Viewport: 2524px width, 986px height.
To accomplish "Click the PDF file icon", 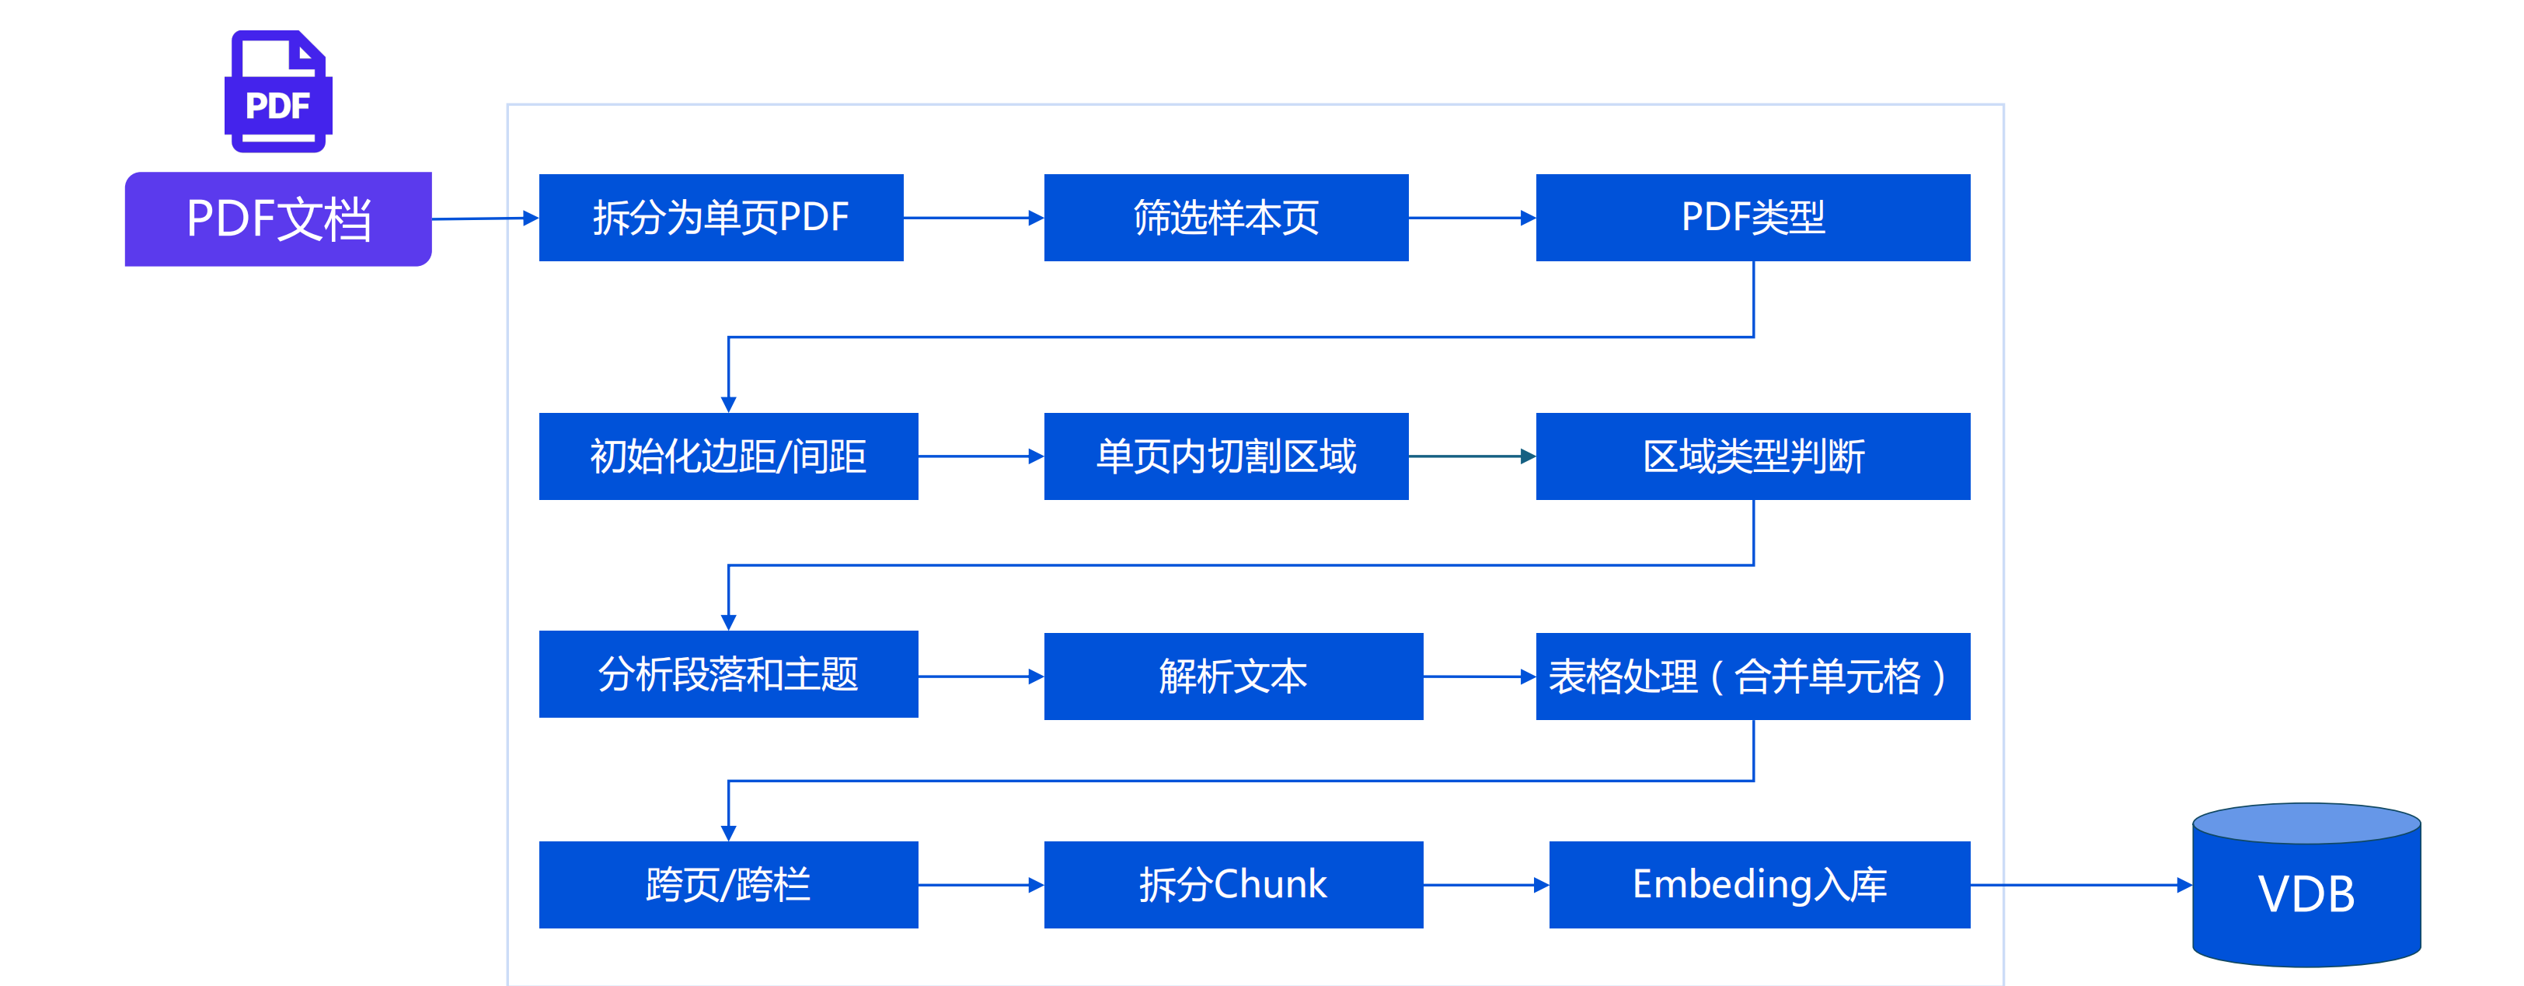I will (x=278, y=91).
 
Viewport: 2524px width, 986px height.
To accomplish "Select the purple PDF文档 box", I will (x=278, y=219).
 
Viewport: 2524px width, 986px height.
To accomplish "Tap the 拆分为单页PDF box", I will (x=720, y=218).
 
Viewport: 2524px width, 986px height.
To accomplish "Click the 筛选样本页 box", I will (x=1225, y=218).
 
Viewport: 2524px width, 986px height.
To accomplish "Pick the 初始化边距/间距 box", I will (x=728, y=456).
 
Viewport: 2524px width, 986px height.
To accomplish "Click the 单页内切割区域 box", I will (x=1225, y=456).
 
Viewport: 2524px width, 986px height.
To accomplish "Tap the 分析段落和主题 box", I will (x=728, y=674).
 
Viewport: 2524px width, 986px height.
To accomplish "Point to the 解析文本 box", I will (x=1232, y=677).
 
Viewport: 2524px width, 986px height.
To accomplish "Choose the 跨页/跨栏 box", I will (x=728, y=884).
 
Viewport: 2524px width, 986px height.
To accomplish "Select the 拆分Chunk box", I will (x=1232, y=884).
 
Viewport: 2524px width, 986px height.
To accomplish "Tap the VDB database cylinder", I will (x=2306, y=887).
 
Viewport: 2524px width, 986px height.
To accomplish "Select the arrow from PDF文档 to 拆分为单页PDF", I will (x=485, y=219).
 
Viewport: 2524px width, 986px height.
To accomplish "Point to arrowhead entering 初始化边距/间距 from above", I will (x=728, y=403).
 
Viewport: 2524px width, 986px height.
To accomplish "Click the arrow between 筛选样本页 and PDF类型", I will (x=1472, y=218).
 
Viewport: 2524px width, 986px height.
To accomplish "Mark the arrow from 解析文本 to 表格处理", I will (x=1479, y=677).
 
